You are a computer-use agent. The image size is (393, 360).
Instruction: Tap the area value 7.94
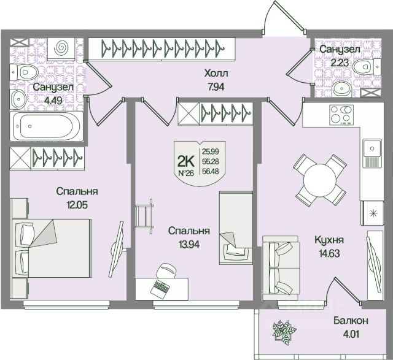217,86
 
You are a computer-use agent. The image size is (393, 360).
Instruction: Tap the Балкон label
351,321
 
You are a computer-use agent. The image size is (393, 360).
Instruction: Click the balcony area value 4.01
351,334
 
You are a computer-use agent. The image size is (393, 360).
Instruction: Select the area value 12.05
77,205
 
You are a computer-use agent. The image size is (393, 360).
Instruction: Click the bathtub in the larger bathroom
43,127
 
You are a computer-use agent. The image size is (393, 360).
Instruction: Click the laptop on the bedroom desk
161,285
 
